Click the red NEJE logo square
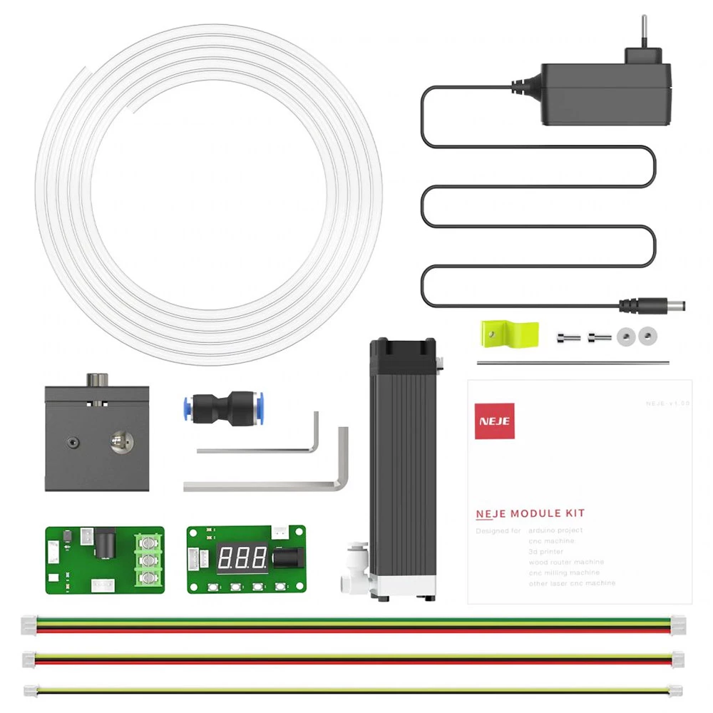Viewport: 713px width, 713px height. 494,421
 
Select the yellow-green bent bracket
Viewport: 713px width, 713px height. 507,333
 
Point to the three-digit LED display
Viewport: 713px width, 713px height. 242,559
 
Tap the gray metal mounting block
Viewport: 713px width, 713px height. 97,442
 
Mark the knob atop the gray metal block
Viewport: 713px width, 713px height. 96,380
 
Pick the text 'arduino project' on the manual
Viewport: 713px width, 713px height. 555,530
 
